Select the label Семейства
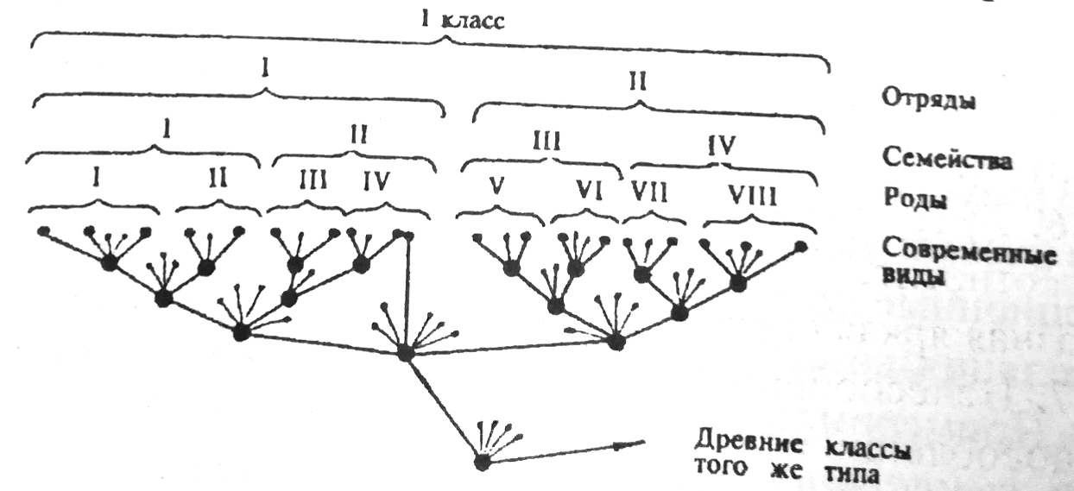(947, 159)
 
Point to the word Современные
(970, 253)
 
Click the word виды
(914, 277)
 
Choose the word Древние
(749, 444)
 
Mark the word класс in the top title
(472, 22)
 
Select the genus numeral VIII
(752, 196)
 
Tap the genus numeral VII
(649, 192)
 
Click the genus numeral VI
(590, 191)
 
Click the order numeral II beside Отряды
(638, 82)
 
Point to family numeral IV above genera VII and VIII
(721, 145)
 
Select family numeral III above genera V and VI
(546, 142)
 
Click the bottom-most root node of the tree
(483, 463)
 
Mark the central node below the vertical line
(406, 354)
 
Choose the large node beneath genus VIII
(738, 283)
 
